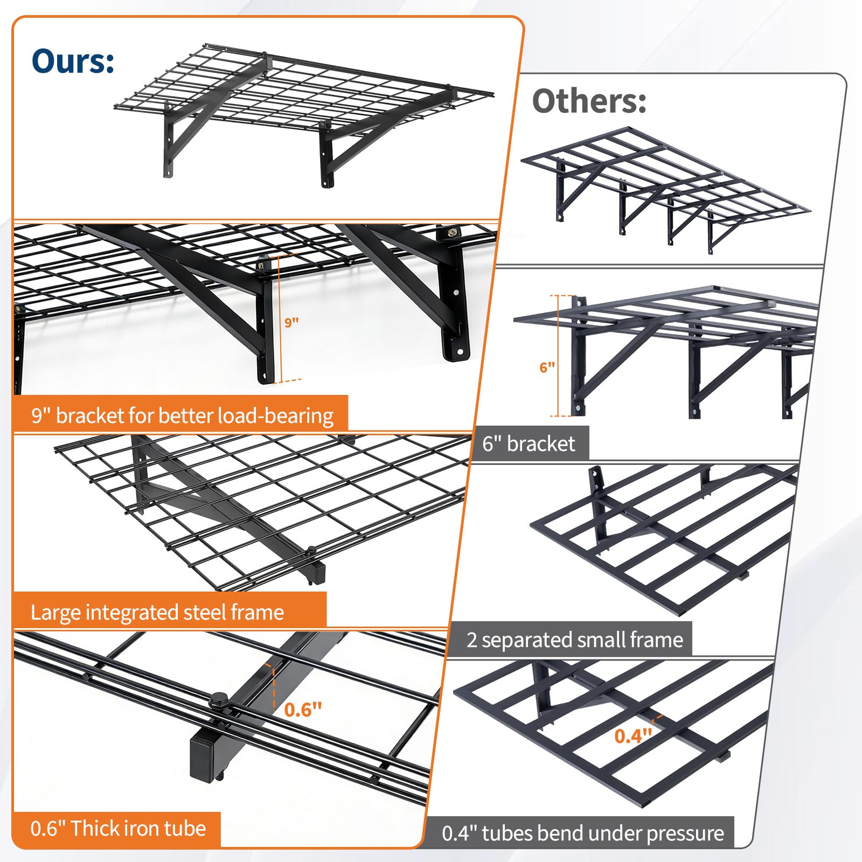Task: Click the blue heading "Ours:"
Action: tap(73, 61)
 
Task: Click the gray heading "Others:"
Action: tap(589, 101)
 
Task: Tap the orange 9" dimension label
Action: tap(291, 322)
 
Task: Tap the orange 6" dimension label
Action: tap(547, 367)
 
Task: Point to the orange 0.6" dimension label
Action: tap(303, 710)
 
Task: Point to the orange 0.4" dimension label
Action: tap(633, 736)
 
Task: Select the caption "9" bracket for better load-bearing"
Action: tap(182, 416)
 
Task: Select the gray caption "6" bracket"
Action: tap(529, 444)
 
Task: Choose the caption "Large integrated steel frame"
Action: tap(157, 613)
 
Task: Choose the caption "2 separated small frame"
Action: tap(574, 640)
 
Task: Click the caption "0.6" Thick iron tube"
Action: tap(118, 828)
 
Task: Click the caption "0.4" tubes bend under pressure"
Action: tap(583, 833)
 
